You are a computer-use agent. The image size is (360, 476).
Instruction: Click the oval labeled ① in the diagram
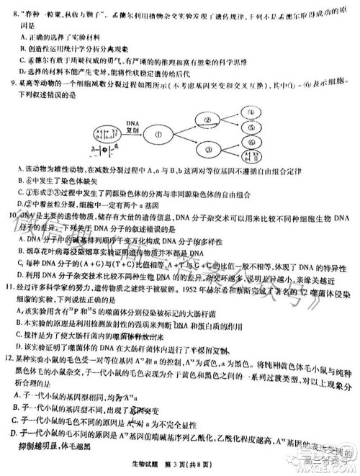click(x=174, y=133)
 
